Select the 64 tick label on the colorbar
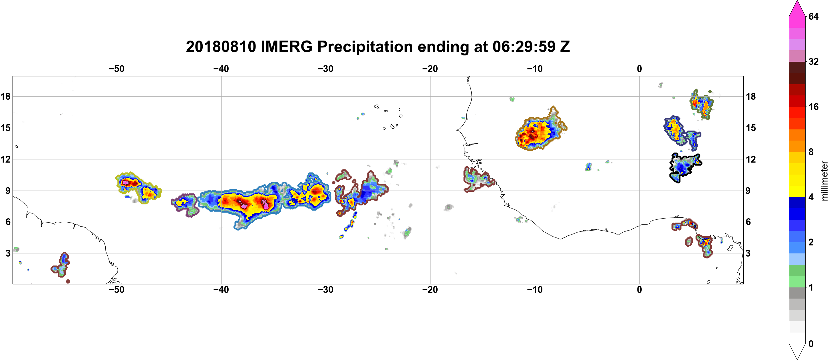814,16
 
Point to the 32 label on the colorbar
814,61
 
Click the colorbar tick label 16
814,107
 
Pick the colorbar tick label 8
811,152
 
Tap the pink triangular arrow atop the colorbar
797,8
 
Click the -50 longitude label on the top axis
116,69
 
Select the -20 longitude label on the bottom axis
430,290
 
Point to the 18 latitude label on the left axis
5,96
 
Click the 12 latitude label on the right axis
751,159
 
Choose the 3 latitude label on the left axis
8,253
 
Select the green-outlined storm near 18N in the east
702,104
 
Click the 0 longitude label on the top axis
639,69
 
